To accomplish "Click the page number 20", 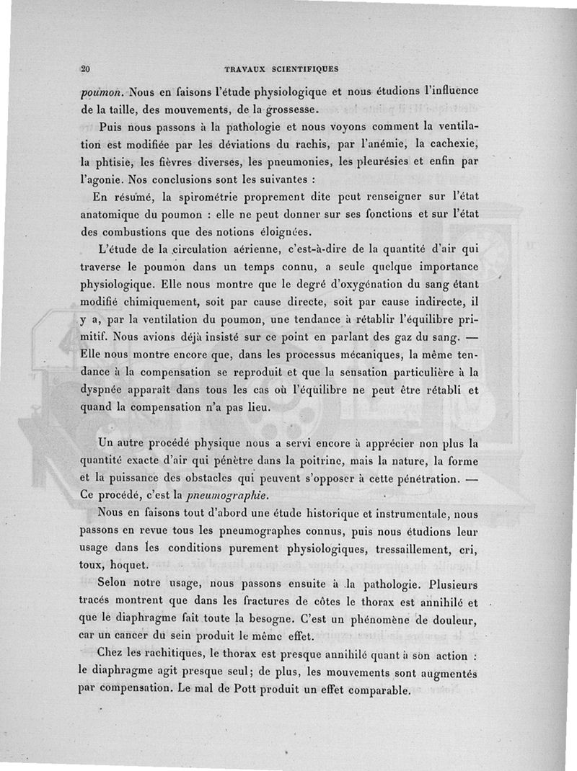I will [85, 70].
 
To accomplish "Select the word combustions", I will [144, 231].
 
